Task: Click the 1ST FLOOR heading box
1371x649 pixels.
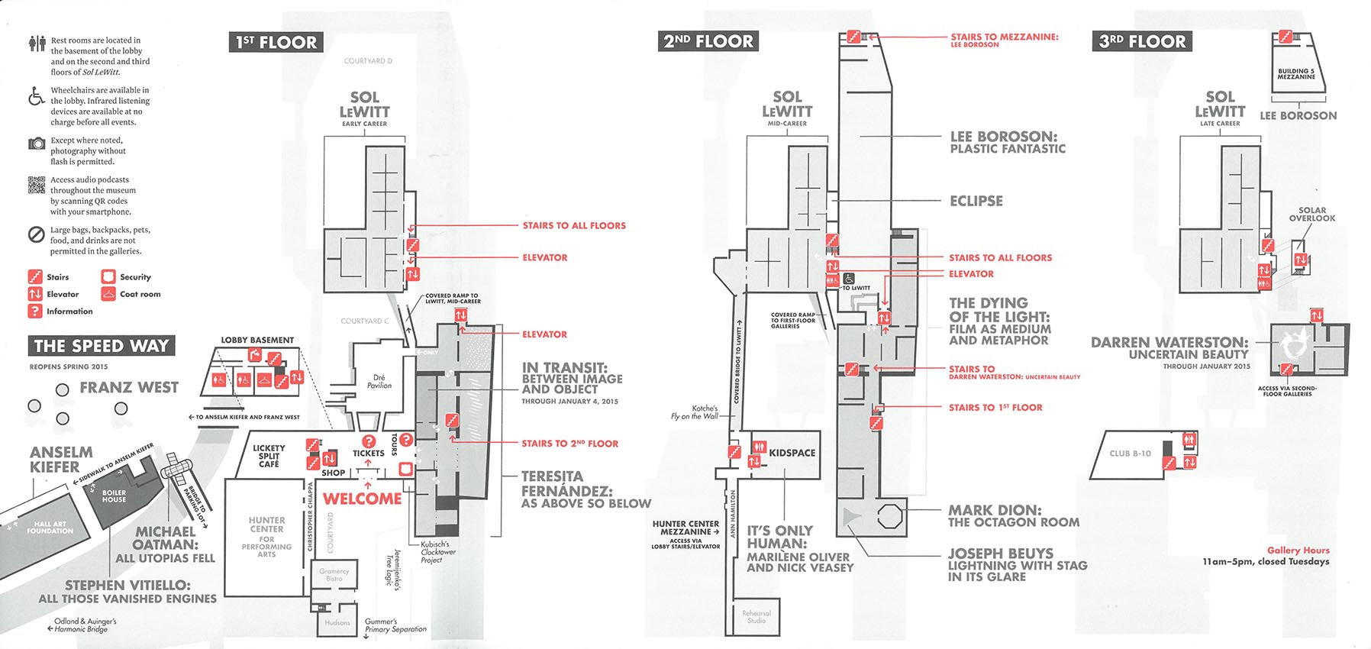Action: click(276, 42)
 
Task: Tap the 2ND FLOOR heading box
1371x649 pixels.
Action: click(708, 41)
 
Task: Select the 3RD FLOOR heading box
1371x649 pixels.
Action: click(1142, 41)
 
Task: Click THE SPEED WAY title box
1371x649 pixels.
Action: click(101, 346)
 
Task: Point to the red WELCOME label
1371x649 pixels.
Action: click(362, 499)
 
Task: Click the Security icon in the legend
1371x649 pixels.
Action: click(108, 276)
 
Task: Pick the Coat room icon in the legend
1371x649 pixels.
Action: click(108, 294)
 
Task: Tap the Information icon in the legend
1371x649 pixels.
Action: click(34, 311)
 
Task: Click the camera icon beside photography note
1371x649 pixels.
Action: click(37, 144)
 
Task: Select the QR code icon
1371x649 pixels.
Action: click(37, 185)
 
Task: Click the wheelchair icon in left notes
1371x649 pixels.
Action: click(36, 96)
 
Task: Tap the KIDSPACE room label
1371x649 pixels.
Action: click(792, 453)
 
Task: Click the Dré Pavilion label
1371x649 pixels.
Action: click(379, 382)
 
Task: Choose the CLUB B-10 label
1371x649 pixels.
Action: click(1130, 454)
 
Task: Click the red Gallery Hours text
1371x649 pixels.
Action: click(1298, 551)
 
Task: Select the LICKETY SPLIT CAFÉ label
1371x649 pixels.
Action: click(269, 456)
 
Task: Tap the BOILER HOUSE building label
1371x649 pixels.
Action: click(114, 496)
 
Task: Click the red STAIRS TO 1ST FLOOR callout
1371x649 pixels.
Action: click(995, 408)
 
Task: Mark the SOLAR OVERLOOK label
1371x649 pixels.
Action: click(1312, 215)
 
